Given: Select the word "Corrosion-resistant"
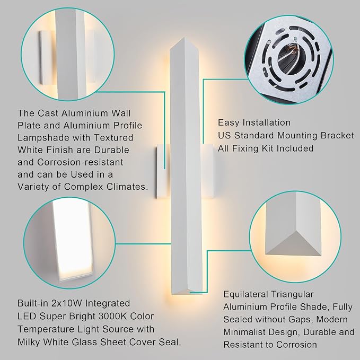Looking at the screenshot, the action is [80, 162].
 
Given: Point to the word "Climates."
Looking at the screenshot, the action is [127, 187].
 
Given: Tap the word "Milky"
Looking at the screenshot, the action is [29, 343].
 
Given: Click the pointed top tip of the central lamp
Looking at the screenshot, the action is [185, 38].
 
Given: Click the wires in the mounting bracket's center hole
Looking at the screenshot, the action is [288, 55].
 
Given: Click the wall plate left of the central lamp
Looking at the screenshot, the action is [163, 171].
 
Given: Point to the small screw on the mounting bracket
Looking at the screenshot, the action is [295, 39].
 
